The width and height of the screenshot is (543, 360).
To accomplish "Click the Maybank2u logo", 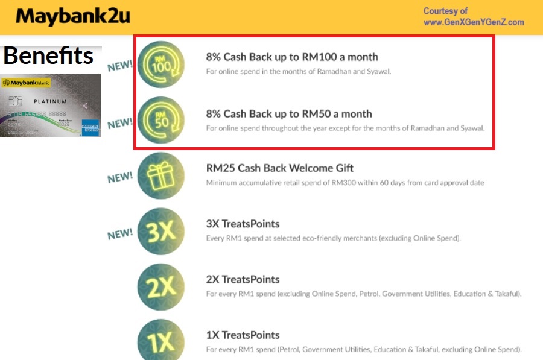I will coord(72,16).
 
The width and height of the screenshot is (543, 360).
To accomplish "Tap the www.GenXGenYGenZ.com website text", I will coord(474,22).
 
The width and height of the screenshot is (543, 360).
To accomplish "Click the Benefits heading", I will coord(48,55).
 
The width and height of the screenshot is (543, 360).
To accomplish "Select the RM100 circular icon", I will coord(161,63).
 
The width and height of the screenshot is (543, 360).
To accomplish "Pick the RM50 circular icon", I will coord(161,119).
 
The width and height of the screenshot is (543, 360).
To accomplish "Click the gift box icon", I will coord(160,175).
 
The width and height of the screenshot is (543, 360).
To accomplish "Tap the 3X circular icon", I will coord(160,232).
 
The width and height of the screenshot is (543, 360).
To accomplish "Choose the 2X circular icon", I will coord(160,287).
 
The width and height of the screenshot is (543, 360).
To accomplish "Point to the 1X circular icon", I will coord(160,341).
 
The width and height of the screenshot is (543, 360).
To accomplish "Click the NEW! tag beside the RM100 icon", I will coord(120,66).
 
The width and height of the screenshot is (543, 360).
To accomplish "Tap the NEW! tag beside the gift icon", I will coord(120,178).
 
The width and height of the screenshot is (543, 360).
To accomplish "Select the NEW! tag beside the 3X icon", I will coord(120,233).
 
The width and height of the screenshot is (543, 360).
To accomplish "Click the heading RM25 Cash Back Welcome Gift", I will coord(280,168).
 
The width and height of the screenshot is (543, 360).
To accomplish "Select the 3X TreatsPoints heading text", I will coord(243,224).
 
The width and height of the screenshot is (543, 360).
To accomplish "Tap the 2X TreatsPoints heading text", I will coord(243,279).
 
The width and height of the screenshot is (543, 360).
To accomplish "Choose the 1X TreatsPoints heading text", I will coord(243,335).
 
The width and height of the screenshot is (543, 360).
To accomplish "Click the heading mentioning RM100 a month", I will coord(292,57).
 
